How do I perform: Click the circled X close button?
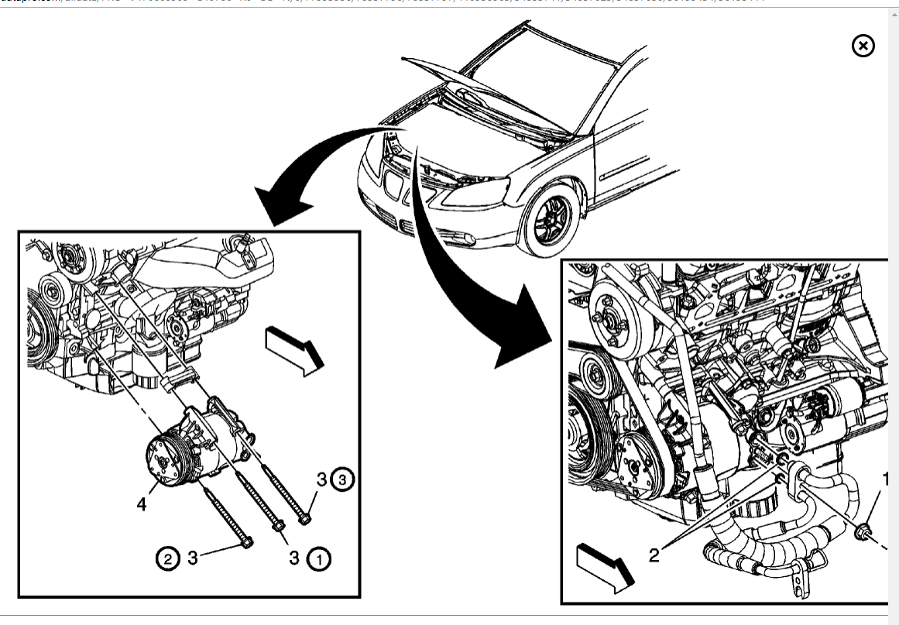point(863,46)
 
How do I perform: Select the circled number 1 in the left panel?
point(319,558)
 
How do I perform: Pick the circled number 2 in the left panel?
point(167,557)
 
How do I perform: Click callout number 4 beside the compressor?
point(142,504)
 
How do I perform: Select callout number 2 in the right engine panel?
point(654,556)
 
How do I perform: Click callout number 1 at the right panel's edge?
point(885,480)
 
